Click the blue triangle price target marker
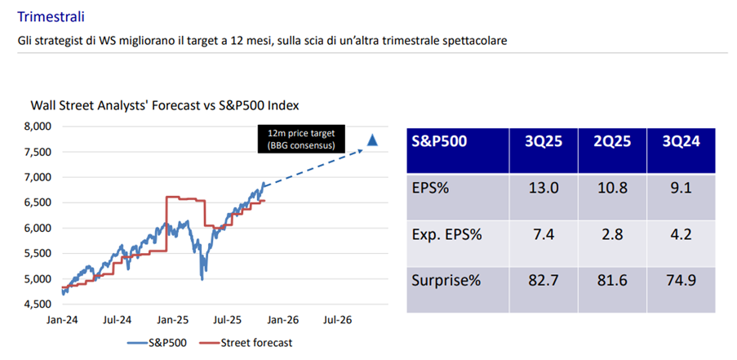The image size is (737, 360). click(372, 140)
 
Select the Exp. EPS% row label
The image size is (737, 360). click(446, 235)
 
